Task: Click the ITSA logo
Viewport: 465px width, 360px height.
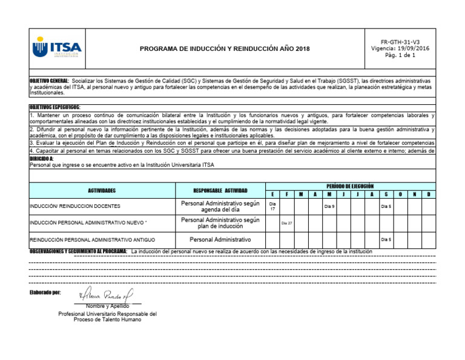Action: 58,48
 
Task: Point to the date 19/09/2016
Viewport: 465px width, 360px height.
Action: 414,48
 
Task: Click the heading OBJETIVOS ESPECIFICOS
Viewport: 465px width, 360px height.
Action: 54,107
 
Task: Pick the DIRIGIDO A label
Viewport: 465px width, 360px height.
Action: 41,158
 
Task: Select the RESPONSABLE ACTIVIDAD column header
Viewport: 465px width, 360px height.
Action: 220,190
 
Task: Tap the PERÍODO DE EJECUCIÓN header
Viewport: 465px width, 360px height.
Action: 350,185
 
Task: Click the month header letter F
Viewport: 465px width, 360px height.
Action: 286,194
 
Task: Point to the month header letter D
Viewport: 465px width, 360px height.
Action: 428,194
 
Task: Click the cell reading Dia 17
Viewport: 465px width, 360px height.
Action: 272,207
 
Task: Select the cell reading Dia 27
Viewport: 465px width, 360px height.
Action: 286,223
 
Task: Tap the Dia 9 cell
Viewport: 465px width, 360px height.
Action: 329,207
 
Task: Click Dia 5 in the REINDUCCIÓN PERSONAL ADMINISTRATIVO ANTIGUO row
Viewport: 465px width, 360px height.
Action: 386,239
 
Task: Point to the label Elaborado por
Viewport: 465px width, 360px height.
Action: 45,293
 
